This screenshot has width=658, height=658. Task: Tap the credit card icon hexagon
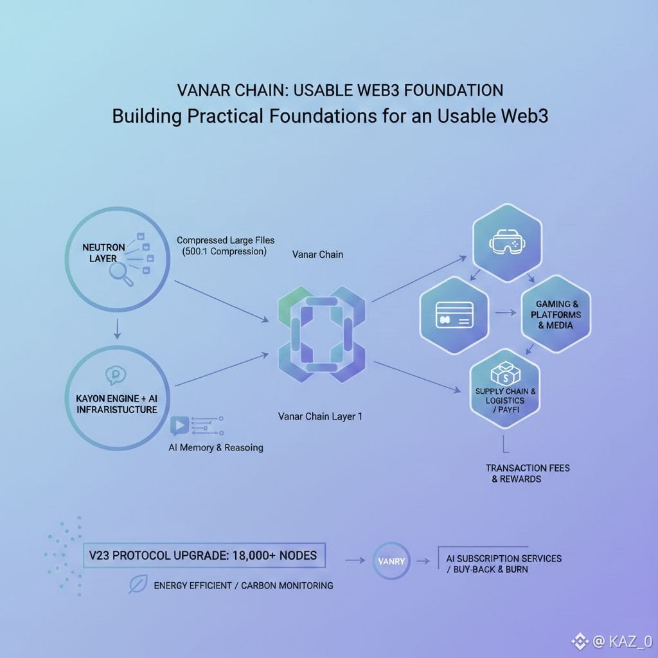coord(454,313)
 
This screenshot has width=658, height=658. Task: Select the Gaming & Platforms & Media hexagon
coord(555,314)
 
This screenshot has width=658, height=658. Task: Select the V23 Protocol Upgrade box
coord(204,555)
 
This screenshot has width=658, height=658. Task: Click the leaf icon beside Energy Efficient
coord(138,584)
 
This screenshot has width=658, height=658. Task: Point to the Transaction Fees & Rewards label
coord(527,474)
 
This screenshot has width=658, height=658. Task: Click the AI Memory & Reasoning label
coord(216,447)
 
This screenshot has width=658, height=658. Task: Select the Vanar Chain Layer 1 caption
coord(321,416)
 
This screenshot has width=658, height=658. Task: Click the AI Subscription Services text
coord(504,558)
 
